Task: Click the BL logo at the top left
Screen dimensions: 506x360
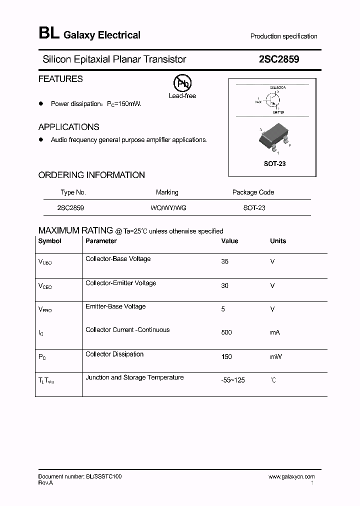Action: [48, 34]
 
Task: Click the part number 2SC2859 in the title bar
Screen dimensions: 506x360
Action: [279, 59]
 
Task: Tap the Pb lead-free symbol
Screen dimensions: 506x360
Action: [182, 83]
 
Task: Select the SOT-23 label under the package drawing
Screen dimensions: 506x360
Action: [274, 164]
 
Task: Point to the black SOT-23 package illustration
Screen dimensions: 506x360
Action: [273, 138]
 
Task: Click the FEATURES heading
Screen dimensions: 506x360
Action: [60, 79]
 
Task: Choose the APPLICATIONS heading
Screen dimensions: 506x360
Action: [68, 127]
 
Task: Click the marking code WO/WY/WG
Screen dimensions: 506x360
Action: [168, 207]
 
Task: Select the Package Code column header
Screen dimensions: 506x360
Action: [253, 192]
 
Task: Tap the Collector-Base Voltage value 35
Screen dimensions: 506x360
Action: [224, 261]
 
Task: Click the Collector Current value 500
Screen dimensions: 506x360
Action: [226, 332]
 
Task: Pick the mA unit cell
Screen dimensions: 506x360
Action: [275, 332]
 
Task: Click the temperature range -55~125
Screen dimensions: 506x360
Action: [233, 380]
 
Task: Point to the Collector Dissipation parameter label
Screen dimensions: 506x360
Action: [114, 354]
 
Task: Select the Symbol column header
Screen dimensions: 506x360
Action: [49, 241]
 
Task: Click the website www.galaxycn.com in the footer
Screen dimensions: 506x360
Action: [291, 477]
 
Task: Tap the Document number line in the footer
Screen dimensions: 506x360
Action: [80, 476]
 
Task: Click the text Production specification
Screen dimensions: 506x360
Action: [283, 36]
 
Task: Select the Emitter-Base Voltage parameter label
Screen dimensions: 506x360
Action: [115, 306]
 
